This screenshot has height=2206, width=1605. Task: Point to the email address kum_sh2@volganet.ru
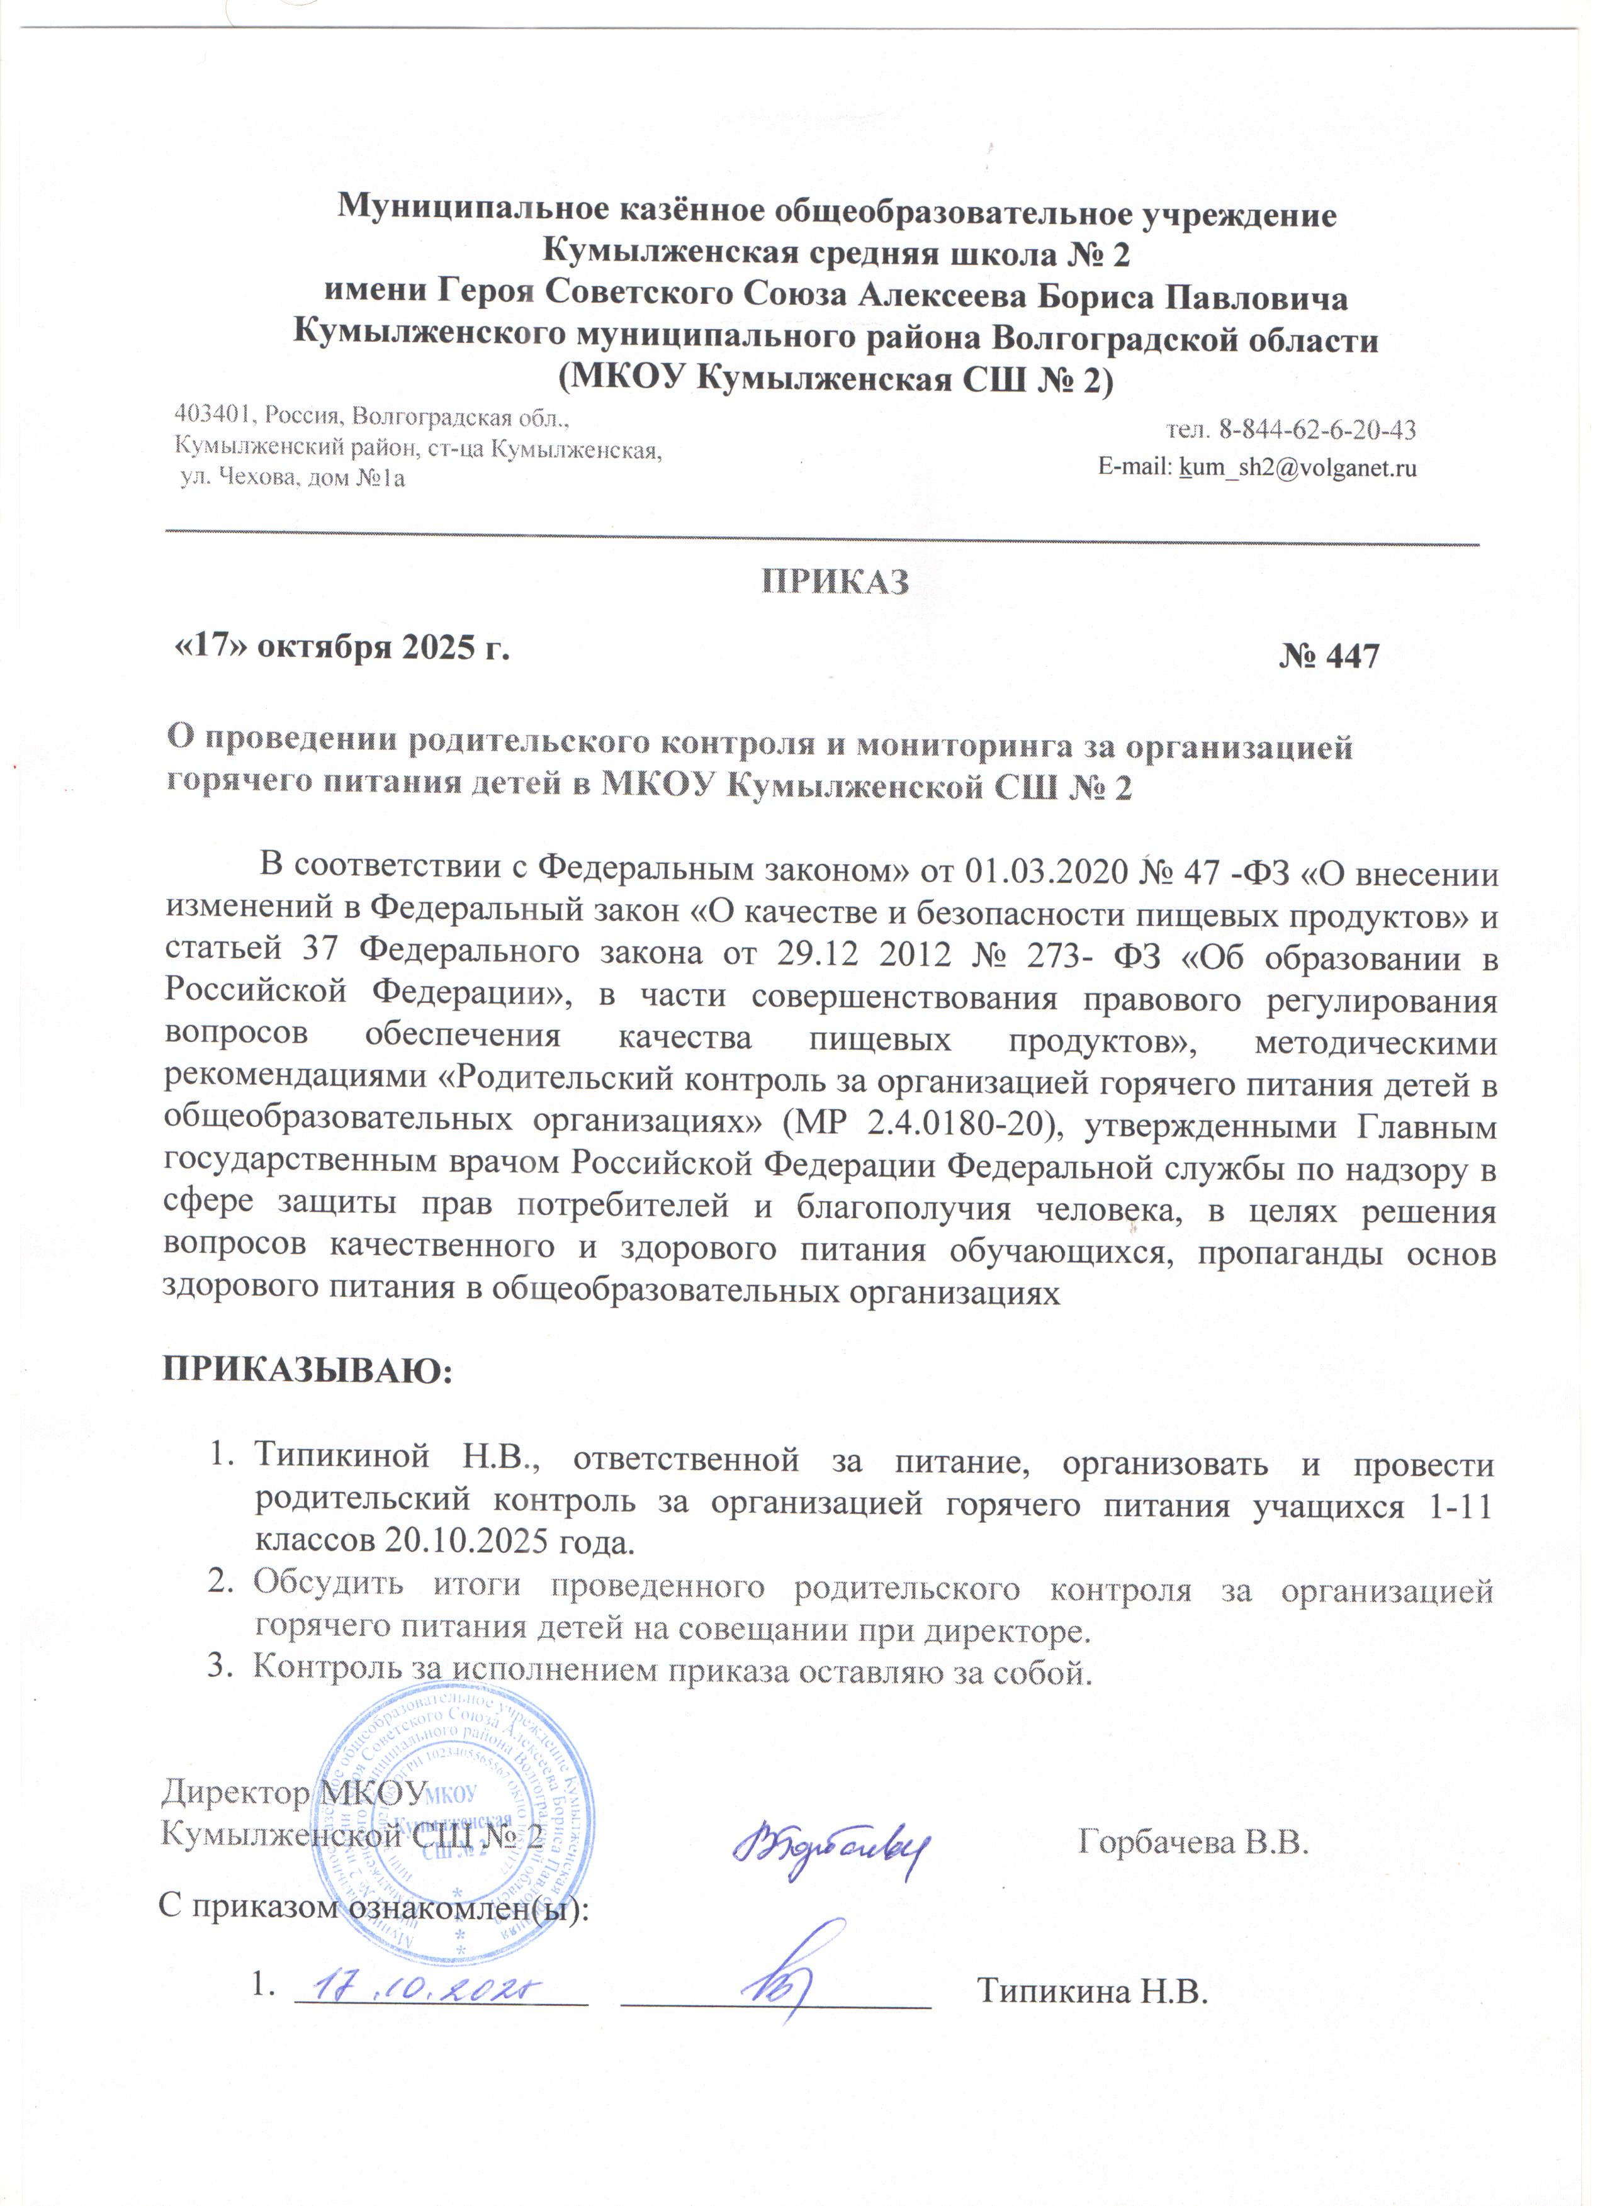point(1298,469)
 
